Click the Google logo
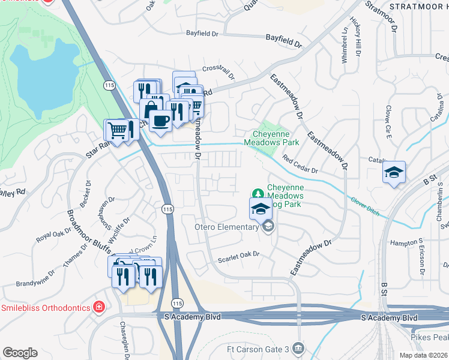pyautogui.click(x=20, y=352)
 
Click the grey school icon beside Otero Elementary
pyautogui.click(x=268, y=226)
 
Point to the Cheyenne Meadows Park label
pyautogui.click(x=271, y=139)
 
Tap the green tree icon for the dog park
pyautogui.click(x=258, y=193)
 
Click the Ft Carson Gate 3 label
pyautogui.click(x=261, y=349)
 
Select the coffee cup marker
pyautogui.click(x=160, y=121)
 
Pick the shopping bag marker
pyautogui.click(x=149, y=110)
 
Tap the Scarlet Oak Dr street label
pyautogui.click(x=238, y=254)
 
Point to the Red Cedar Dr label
pyautogui.click(x=300, y=166)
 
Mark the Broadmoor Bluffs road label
pyautogui.click(x=83, y=238)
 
